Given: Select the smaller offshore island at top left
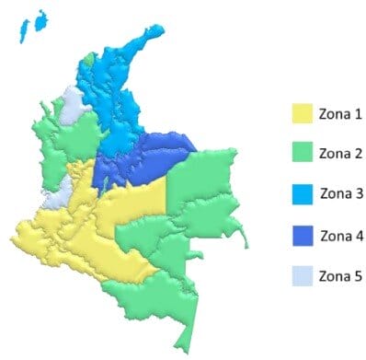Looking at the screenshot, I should tap(22, 34).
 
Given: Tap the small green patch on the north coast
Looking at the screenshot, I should tap(88, 57).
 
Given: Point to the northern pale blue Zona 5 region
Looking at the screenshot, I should tap(73, 103).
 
